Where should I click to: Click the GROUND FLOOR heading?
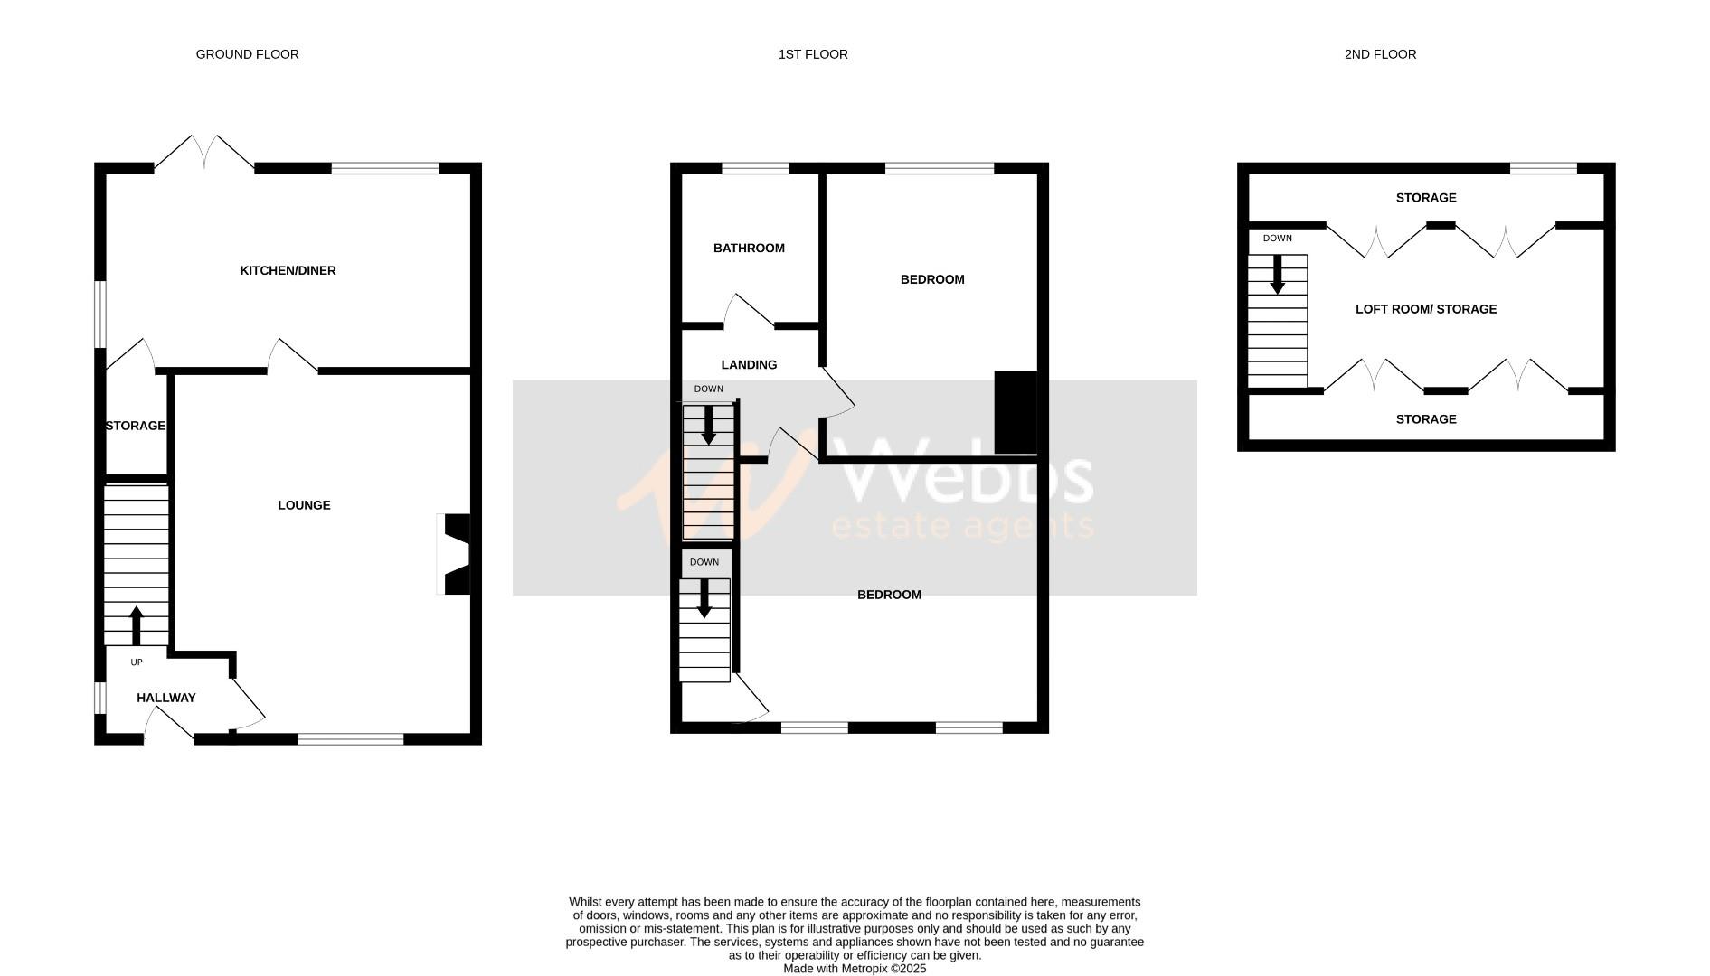click(247, 54)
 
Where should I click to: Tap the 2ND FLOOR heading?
click(1380, 54)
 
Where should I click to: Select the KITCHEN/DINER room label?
click(288, 270)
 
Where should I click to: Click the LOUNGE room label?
click(304, 505)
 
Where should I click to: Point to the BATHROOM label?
click(749, 248)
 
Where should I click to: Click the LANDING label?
click(749, 364)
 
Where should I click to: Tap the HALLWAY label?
click(166, 698)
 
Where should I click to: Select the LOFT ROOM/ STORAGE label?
click(1426, 309)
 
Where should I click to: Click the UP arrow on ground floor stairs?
click(137, 624)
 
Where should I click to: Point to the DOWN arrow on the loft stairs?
click(1277, 275)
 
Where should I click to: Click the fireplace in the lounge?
click(456, 554)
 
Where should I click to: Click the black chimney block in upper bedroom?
click(1015, 412)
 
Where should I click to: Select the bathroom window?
click(755, 168)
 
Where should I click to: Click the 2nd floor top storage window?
click(1543, 168)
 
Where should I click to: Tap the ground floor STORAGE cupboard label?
click(136, 426)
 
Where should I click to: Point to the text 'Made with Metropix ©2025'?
click(855, 968)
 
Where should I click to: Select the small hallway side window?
click(99, 698)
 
